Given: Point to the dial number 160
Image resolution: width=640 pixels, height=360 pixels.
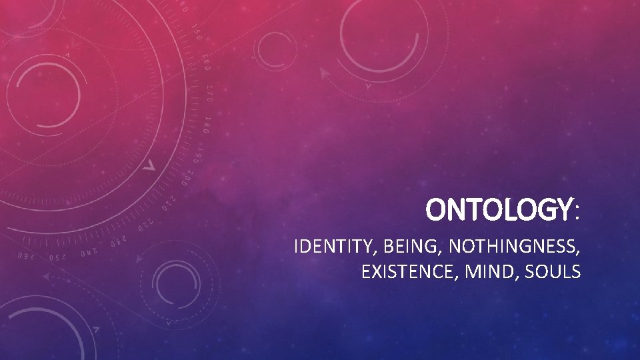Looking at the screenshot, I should pos(205,61).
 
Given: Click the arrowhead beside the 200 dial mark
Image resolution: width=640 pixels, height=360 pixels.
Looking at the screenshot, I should pos(151,164).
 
